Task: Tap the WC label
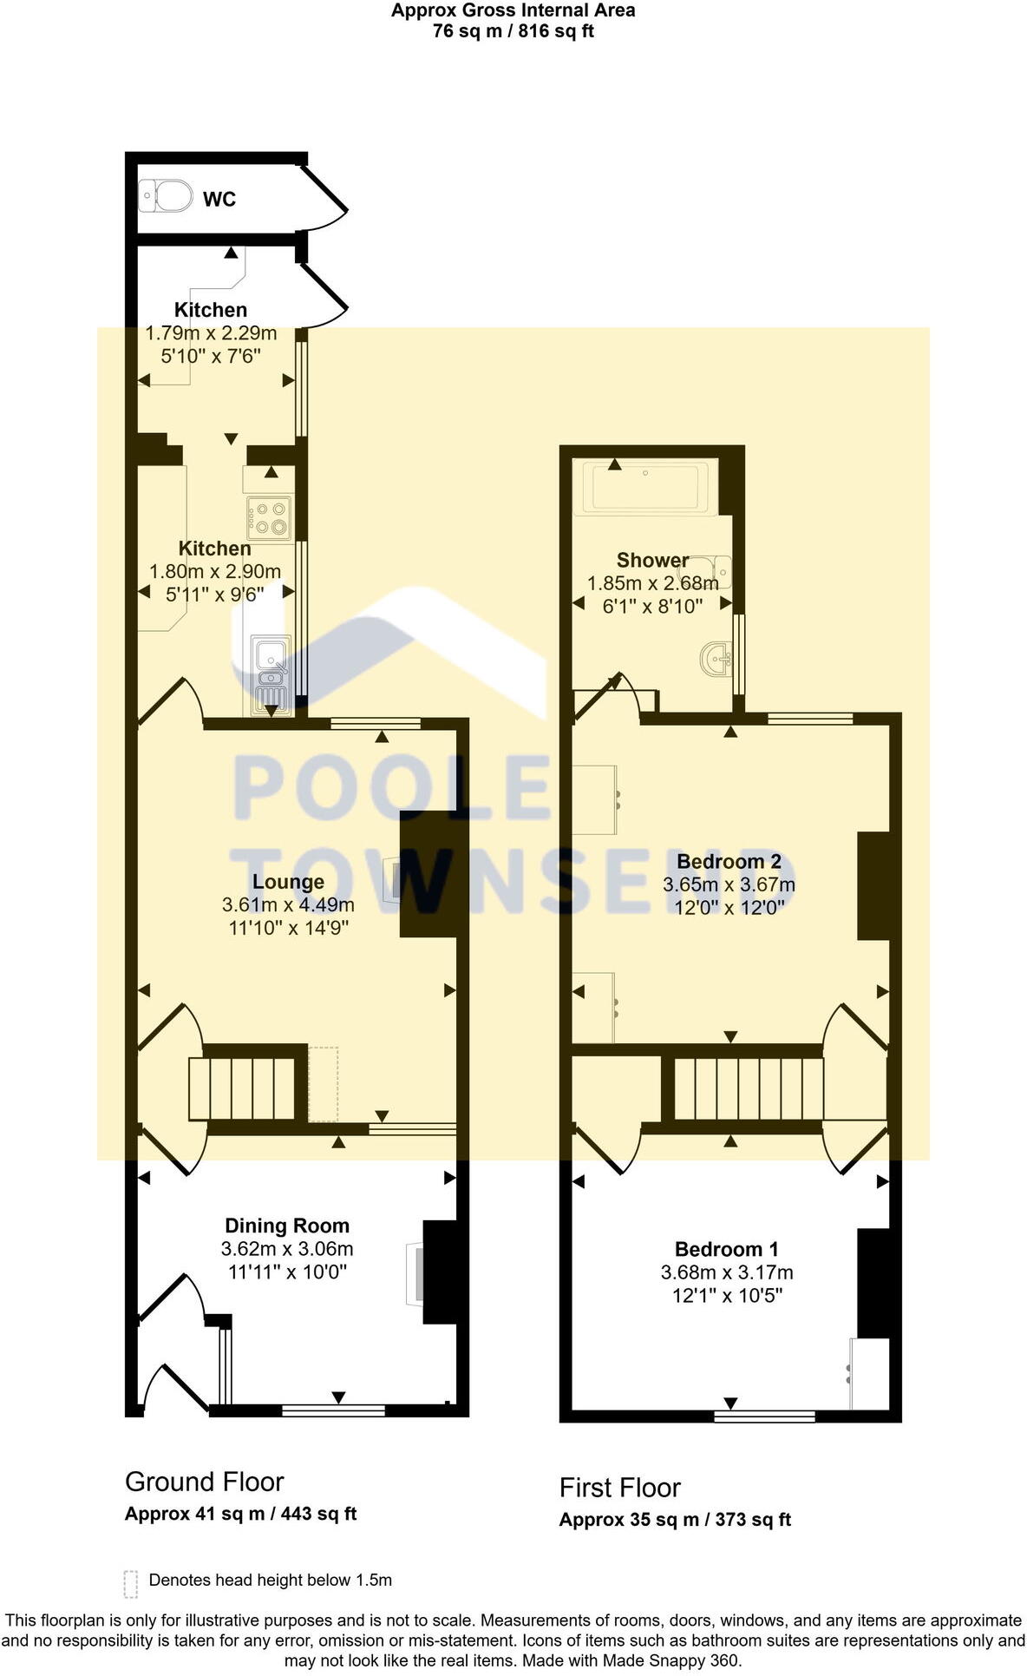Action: [219, 200]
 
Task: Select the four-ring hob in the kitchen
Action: [270, 517]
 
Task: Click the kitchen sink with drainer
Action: [271, 674]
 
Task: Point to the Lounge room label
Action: [288, 882]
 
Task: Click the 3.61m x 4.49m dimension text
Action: [288, 904]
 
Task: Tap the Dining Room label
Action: [287, 1226]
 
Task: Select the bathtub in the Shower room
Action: [647, 489]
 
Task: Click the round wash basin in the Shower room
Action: [718, 661]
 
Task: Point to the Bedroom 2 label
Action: [729, 862]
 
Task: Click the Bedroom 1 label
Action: [726, 1249]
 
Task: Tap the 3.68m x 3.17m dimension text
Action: [727, 1272]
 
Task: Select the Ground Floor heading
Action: [204, 1482]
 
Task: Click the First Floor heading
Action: [619, 1488]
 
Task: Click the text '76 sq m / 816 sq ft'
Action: [513, 32]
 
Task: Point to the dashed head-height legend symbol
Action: [131, 1584]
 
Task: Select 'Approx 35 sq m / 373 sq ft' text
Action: [675, 1520]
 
